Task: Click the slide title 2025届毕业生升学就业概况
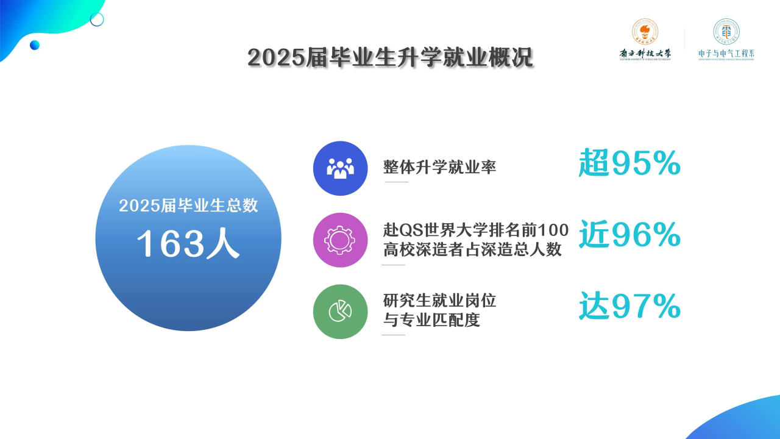[390, 58]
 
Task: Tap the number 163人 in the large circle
[188, 244]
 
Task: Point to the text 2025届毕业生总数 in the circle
[188, 205]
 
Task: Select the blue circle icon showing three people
[340, 168]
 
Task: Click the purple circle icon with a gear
[340, 240]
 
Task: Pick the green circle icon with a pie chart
[340, 312]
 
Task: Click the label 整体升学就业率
[439, 167]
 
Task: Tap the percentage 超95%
[629, 163]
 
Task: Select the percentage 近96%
[629, 235]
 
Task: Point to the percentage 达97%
[629, 307]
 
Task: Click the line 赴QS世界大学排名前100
[476, 230]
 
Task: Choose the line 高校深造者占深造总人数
[472, 249]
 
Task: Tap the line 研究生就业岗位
[439, 301]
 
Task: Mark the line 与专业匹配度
[431, 319]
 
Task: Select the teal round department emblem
[726, 31]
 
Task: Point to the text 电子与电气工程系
[726, 54]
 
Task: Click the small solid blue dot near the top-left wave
[35, 45]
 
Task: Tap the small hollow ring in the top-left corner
[97, 20]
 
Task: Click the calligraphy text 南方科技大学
[645, 54]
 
